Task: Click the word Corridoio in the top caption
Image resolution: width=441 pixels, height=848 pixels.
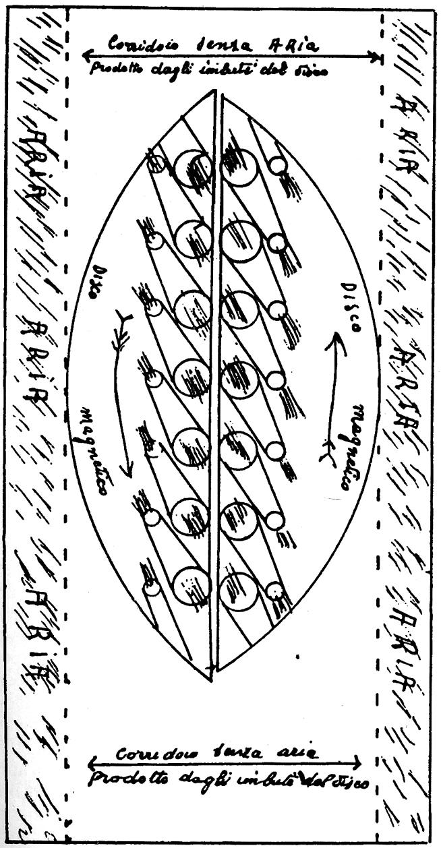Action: coord(134,45)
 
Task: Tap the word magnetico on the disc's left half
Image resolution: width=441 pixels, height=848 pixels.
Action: coord(92,450)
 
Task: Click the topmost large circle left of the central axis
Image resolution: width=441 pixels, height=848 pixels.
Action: coord(193,168)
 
